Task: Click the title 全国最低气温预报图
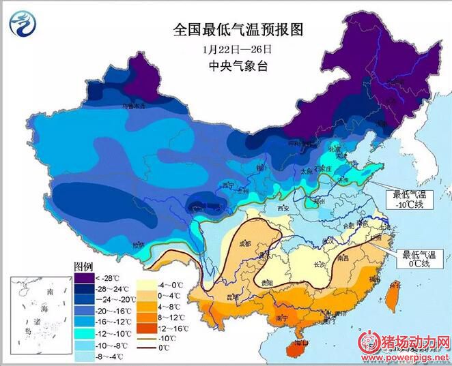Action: pyautogui.click(x=238, y=30)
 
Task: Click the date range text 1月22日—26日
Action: pyautogui.click(x=238, y=49)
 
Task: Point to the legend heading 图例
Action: pyautogui.click(x=83, y=266)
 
